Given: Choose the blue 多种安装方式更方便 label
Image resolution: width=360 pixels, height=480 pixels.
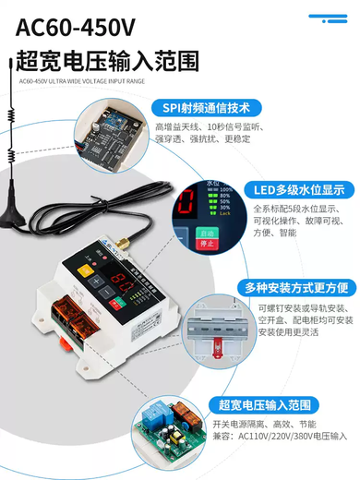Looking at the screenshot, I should [300, 287].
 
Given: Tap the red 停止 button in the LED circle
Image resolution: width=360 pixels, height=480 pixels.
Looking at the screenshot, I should [207, 244].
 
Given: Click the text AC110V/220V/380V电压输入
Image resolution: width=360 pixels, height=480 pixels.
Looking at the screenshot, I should [294, 435].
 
